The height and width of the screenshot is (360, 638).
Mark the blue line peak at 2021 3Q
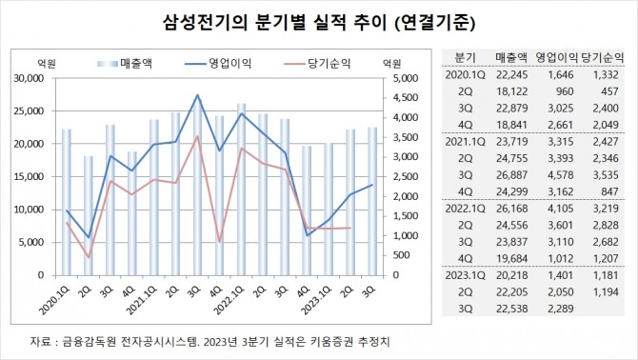pos(197,95)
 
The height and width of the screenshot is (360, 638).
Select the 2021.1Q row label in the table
pos(466,142)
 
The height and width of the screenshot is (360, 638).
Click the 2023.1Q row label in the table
pos(466,275)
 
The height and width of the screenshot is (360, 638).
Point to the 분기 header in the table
pos(466,57)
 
